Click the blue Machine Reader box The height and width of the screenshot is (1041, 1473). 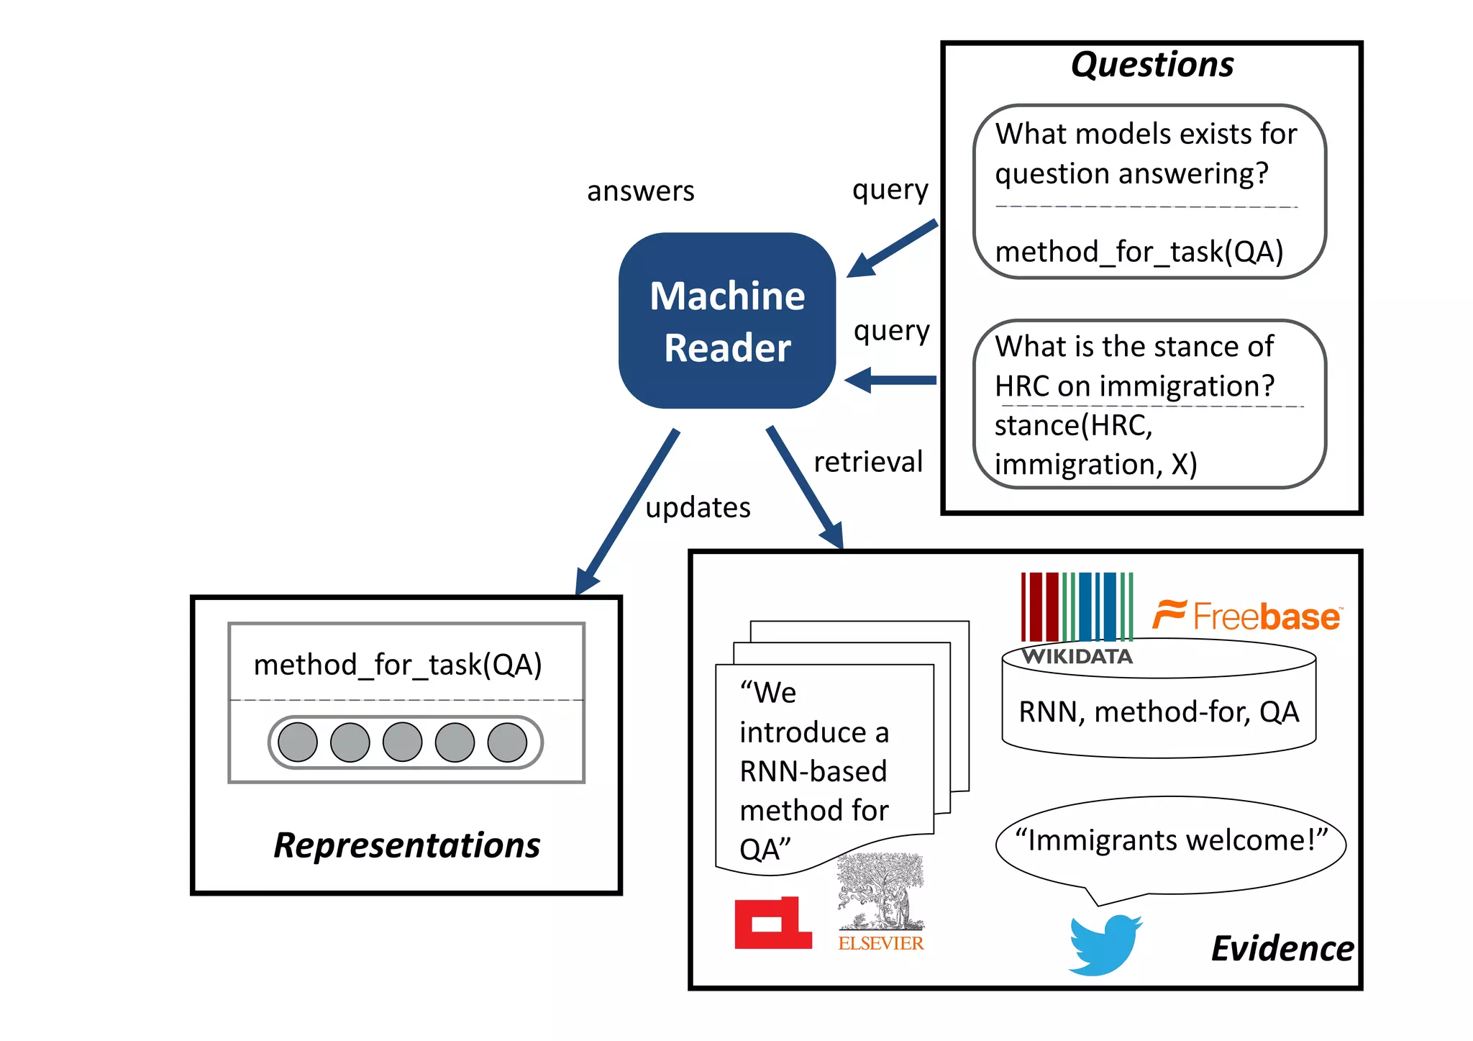(x=726, y=321)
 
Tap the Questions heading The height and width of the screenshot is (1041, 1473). (x=1152, y=65)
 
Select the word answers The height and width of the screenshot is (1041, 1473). (x=640, y=191)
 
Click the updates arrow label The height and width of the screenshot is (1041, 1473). (x=698, y=508)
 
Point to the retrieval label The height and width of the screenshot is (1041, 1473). (x=867, y=462)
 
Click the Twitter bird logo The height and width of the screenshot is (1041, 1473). (x=1104, y=945)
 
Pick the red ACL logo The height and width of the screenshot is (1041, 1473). (x=772, y=924)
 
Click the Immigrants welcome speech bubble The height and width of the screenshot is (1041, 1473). (x=1170, y=842)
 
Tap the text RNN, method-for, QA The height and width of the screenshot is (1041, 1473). (x=1159, y=712)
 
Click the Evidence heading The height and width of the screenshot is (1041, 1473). (x=1282, y=948)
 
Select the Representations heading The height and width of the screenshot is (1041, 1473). (x=406, y=845)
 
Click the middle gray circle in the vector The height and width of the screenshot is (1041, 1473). (x=402, y=742)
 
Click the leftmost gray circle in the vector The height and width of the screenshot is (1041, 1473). (x=298, y=742)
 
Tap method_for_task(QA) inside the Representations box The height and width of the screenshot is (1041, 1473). (x=398, y=665)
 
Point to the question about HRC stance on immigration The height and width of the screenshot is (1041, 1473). (x=1134, y=366)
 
